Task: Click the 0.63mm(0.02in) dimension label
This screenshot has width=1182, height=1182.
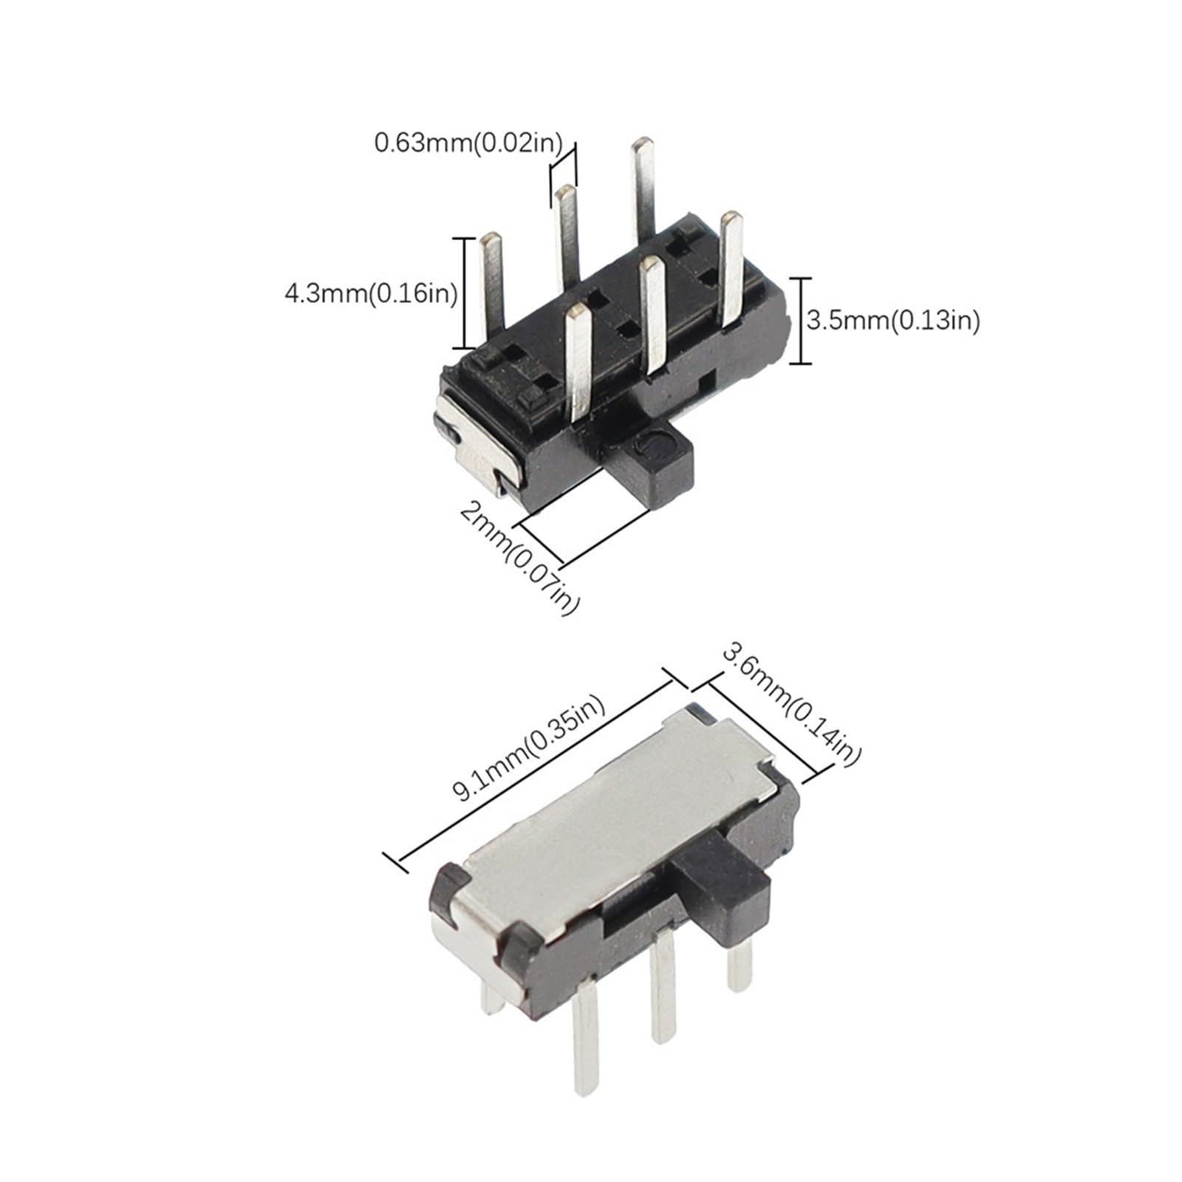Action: click(x=468, y=143)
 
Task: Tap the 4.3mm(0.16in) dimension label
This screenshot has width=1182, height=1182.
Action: click(x=371, y=294)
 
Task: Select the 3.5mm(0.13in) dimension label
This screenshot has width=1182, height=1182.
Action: click(x=892, y=321)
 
